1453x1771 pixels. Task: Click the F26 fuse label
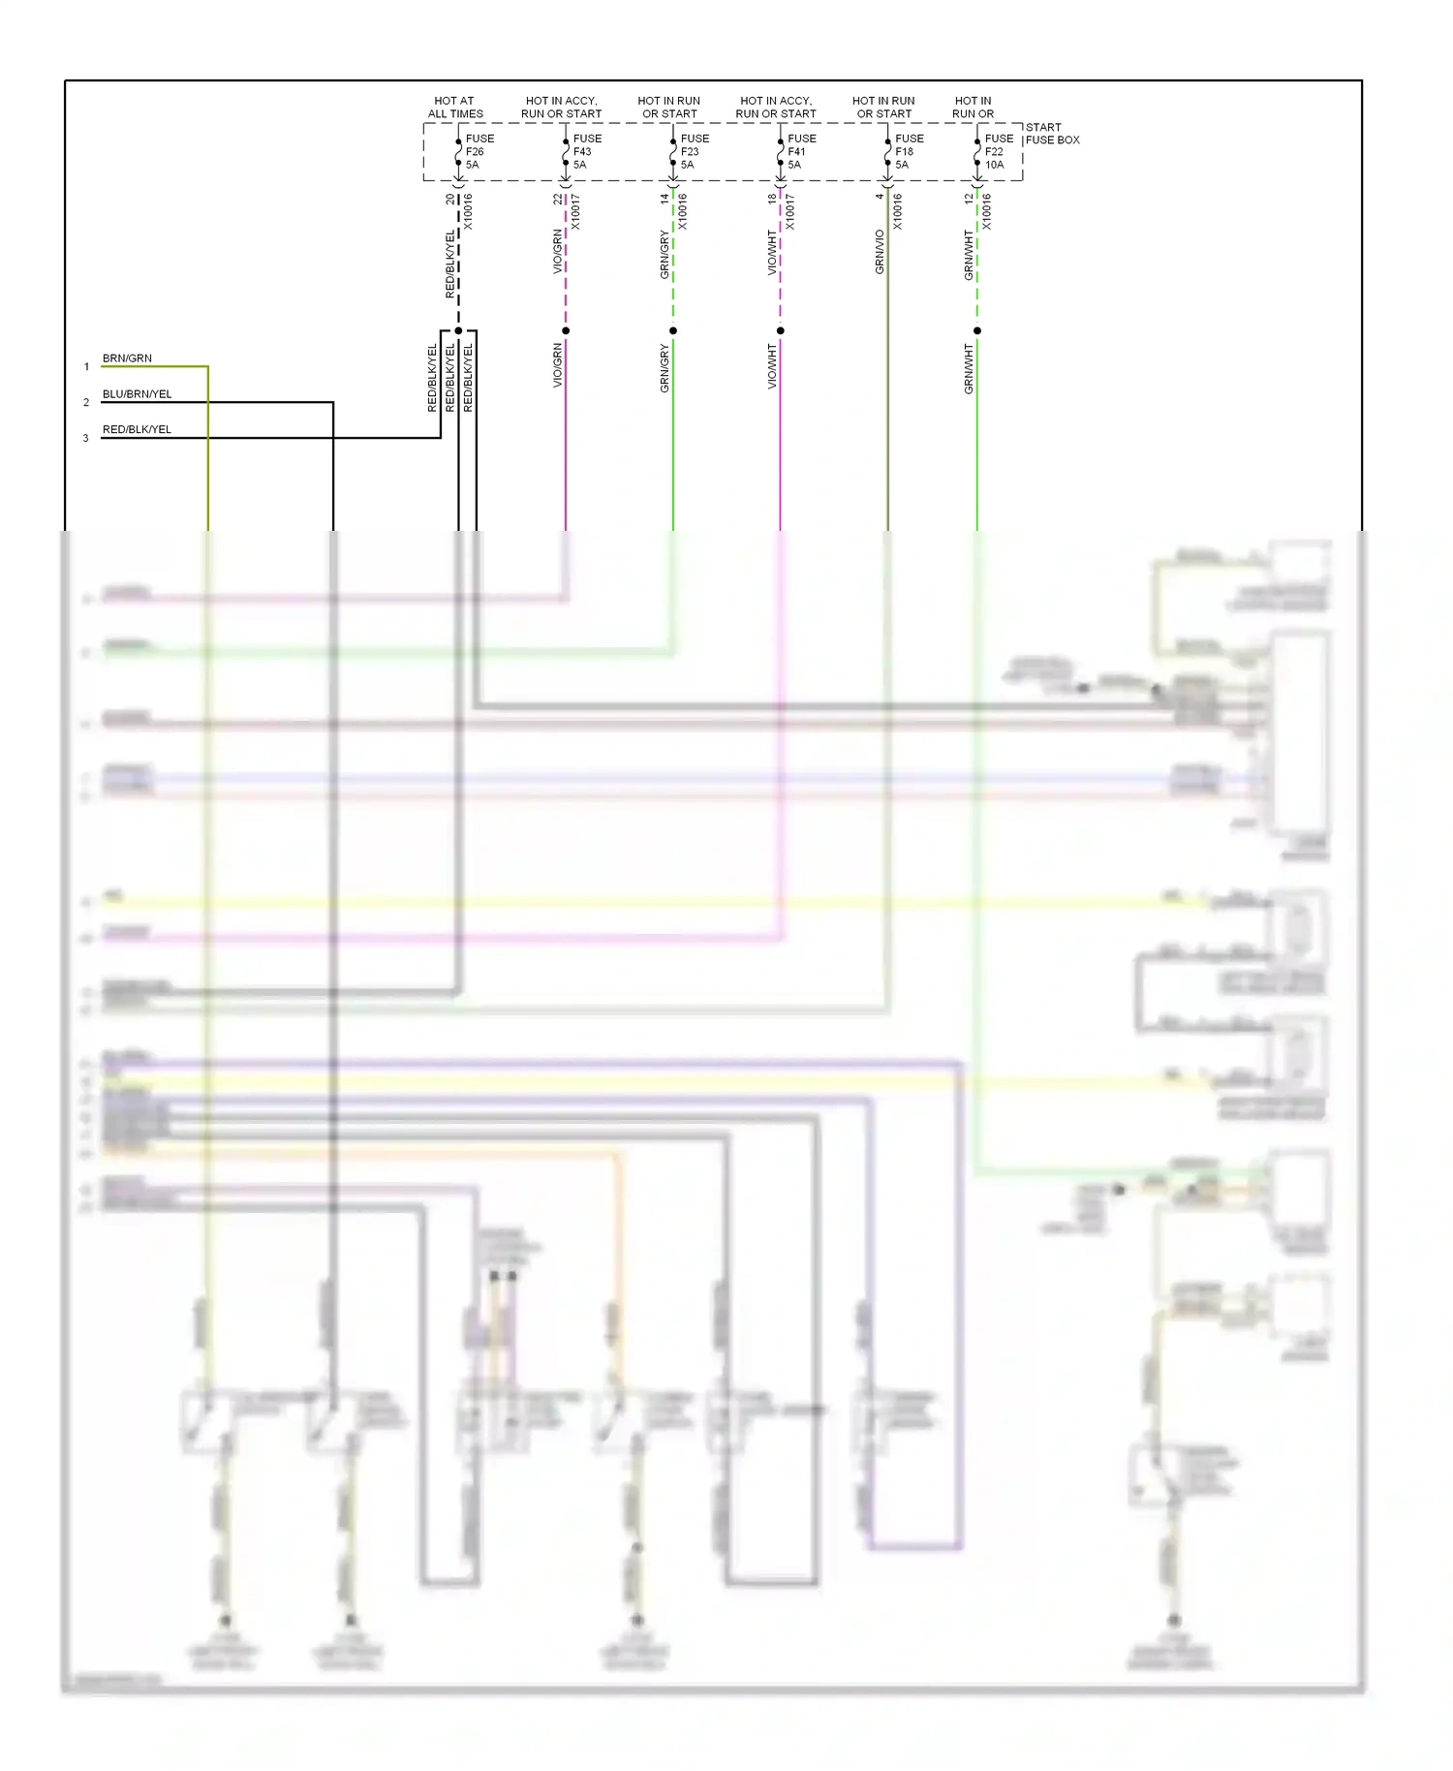(475, 152)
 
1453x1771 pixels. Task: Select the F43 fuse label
(582, 152)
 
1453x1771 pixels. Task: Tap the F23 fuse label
(690, 152)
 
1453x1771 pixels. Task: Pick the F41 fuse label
(796, 152)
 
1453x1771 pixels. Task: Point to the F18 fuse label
(904, 152)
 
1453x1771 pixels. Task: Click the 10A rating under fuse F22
(995, 165)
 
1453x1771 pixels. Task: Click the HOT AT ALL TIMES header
(455, 108)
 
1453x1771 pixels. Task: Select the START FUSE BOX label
(1052, 134)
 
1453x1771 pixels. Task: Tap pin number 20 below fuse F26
(450, 200)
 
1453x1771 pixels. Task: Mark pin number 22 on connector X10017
(558, 200)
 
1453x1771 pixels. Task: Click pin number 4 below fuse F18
(880, 197)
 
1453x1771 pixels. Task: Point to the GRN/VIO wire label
(880, 252)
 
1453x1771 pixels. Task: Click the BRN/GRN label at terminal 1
(127, 358)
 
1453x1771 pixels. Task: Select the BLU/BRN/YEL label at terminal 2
(137, 394)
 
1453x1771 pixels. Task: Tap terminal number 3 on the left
(85, 438)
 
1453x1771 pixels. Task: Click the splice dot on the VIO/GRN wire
(566, 330)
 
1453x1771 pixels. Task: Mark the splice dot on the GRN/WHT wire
(976, 330)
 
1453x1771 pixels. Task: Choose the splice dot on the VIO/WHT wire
(780, 330)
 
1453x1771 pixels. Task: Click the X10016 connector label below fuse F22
(987, 211)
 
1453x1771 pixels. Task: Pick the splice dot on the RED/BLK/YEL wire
(458, 330)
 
